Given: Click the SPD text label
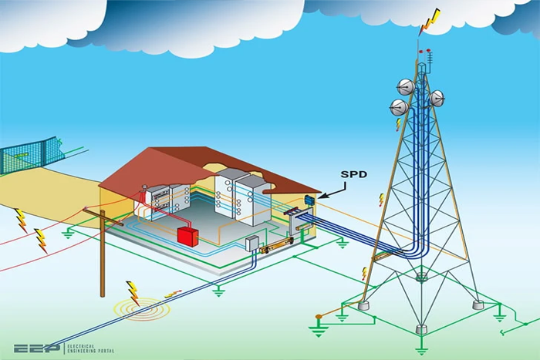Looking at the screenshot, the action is [x=353, y=174].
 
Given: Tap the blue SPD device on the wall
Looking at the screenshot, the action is [x=309, y=200].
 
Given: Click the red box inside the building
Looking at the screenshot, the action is [x=187, y=237].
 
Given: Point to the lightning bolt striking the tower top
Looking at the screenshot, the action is [x=430, y=22].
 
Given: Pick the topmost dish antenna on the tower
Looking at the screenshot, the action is [x=406, y=87].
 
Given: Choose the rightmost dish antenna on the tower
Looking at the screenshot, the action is [x=437, y=99].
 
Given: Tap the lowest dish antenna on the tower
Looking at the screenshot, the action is [x=399, y=107].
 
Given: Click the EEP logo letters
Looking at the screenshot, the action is [x=37, y=348].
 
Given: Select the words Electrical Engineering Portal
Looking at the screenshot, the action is [x=90, y=348].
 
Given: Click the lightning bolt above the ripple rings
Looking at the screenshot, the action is [x=133, y=293].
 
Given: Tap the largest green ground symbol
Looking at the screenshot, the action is [x=318, y=331].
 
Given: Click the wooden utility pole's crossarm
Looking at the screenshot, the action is [x=103, y=217].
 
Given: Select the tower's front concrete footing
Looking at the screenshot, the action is [x=421, y=329].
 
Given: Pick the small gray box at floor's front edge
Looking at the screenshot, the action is [x=251, y=243].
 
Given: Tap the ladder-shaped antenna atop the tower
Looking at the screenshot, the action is [x=429, y=61].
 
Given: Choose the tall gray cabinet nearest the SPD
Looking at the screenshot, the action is [x=252, y=200].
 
